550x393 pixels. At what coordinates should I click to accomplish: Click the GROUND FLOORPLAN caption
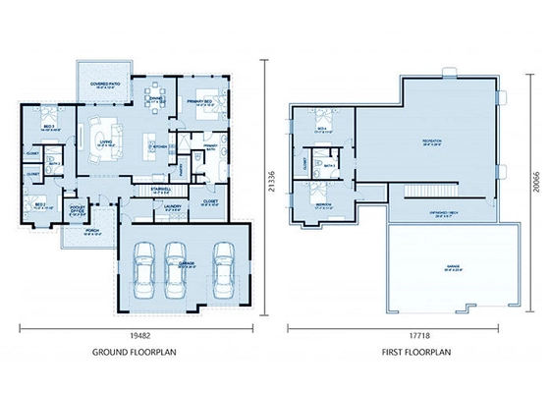point(135,351)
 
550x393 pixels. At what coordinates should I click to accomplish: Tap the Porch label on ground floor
point(91,233)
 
